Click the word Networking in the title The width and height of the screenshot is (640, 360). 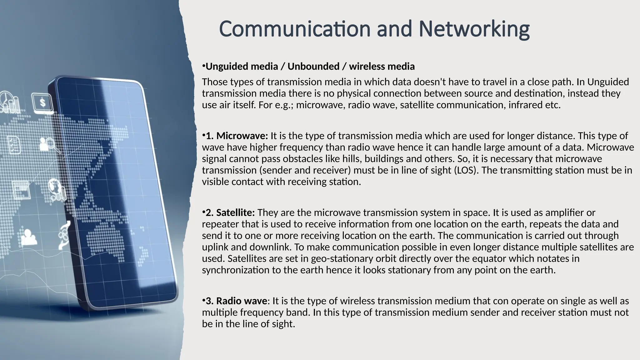click(x=474, y=29)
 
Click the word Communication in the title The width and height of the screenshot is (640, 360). click(x=294, y=29)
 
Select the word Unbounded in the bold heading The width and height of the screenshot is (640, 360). click(x=313, y=67)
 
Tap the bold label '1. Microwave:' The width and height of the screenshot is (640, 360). click(x=237, y=136)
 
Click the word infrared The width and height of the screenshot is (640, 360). click(x=525, y=105)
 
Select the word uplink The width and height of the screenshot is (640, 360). click(x=215, y=247)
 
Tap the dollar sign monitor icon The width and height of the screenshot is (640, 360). click(x=42, y=102)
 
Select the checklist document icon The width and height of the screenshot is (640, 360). click(x=14, y=145)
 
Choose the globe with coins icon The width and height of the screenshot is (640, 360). click(x=57, y=188)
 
